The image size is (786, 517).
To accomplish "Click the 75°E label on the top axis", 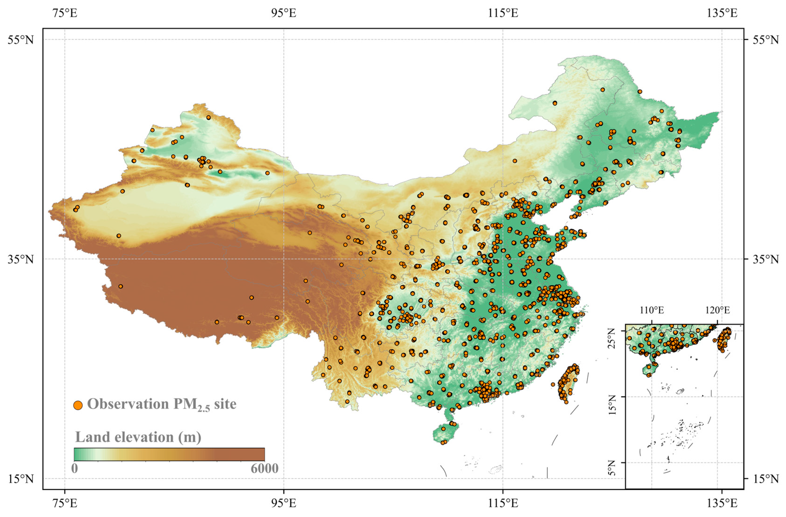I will tap(65, 13).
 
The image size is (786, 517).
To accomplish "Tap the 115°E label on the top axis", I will tap(503, 13).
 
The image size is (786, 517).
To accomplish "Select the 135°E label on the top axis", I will tap(722, 13).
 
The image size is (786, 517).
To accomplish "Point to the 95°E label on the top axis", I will tap(284, 13).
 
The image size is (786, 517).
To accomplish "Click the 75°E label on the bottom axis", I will tap(65, 503).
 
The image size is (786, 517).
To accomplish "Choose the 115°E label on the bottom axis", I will tap(503, 503).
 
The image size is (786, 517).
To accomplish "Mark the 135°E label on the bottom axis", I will tap(722, 503).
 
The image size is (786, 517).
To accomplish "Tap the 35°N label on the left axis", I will tap(21, 259).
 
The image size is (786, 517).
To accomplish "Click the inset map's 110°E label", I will tap(651, 310).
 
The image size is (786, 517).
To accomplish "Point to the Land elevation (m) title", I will tap(138, 437).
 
